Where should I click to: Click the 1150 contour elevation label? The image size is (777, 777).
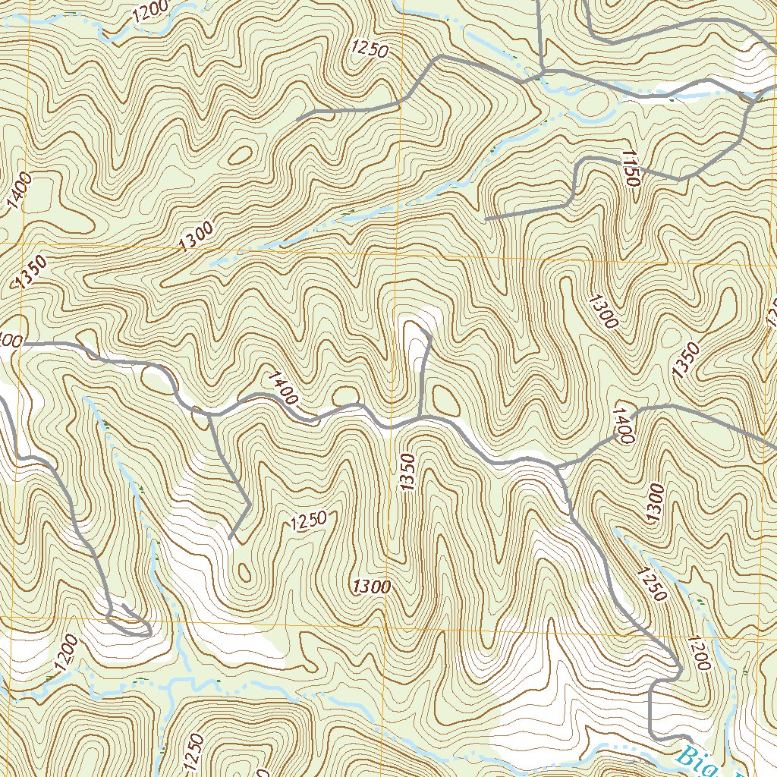pyautogui.click(x=631, y=168)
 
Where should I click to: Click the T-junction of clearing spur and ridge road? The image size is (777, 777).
pyautogui.click(x=420, y=417)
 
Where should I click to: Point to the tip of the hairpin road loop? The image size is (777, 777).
pyautogui.click(x=149, y=630)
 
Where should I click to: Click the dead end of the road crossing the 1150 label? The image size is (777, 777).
pyautogui.click(x=486, y=219)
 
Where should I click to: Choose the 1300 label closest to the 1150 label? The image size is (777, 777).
pyautogui.click(x=602, y=310)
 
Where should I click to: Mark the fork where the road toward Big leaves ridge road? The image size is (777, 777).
pyautogui.click(x=558, y=467)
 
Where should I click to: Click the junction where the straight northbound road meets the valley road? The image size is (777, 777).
pyautogui.click(x=540, y=74)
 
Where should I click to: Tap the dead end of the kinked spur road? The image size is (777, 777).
pyautogui.click(x=230, y=539)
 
